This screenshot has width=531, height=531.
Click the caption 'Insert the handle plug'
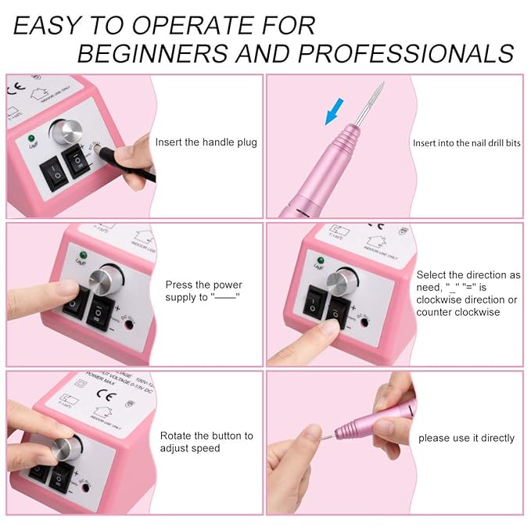pyautogui.click(x=206, y=142)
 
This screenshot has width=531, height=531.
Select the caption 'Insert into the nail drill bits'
pyautogui.click(x=466, y=143)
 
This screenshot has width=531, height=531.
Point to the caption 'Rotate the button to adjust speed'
pyautogui.click(x=206, y=442)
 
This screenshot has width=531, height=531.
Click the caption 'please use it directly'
pyautogui.click(x=466, y=438)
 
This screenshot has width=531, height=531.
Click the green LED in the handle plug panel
pyautogui.click(x=31, y=138)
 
